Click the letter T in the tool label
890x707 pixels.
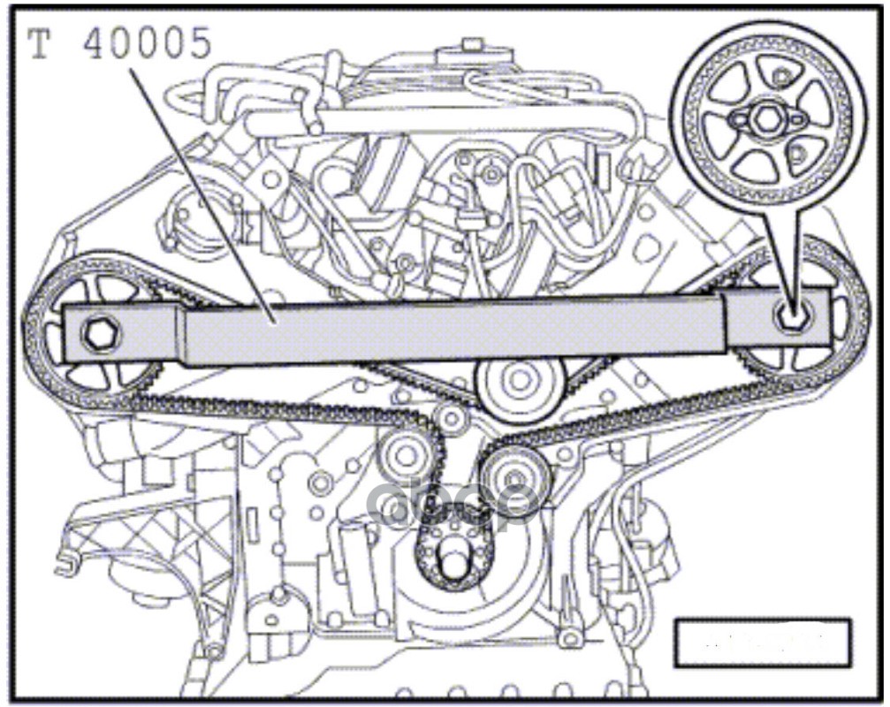[x=40, y=44]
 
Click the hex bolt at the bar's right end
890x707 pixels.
[x=788, y=313]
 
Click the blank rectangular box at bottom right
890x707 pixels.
[x=762, y=642]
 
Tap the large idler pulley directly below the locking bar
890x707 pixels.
[x=519, y=382]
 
